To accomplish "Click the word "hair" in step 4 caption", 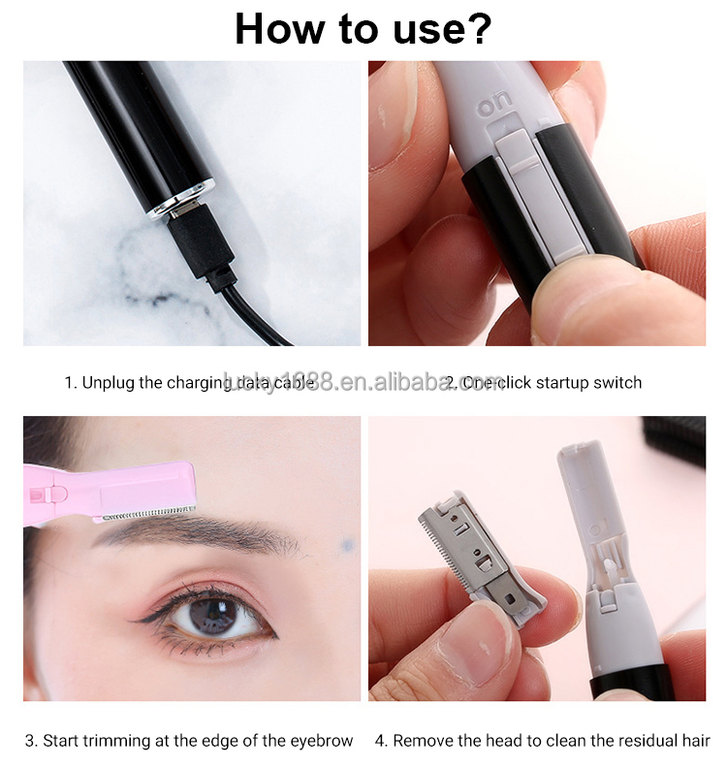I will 694,741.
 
